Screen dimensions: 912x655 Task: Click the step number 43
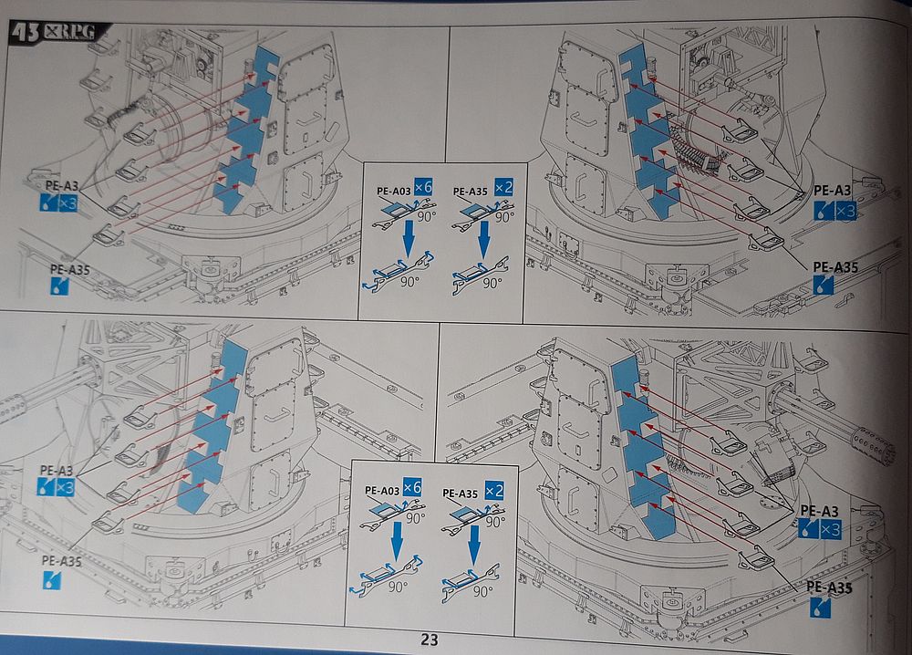[26, 33]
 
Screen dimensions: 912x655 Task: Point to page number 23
[430, 639]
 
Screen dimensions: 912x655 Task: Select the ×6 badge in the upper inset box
[423, 187]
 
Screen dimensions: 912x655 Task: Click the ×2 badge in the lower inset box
[493, 491]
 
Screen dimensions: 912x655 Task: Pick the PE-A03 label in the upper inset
[394, 191]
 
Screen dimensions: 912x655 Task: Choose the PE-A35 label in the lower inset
[460, 494]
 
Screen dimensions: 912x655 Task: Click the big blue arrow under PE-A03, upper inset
[409, 238]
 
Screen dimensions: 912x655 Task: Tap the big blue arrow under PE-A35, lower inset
[474, 545]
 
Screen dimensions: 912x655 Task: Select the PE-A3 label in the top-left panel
[62, 186]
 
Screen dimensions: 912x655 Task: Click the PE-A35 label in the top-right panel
[835, 267]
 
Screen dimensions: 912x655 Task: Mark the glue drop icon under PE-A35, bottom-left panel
[51, 580]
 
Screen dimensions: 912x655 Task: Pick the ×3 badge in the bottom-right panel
[830, 529]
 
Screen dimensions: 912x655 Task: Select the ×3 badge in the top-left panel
[67, 203]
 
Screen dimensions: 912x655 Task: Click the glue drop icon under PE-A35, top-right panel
[823, 285]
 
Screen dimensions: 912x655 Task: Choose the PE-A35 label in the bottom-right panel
[829, 587]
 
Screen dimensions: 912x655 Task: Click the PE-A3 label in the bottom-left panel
[57, 470]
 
